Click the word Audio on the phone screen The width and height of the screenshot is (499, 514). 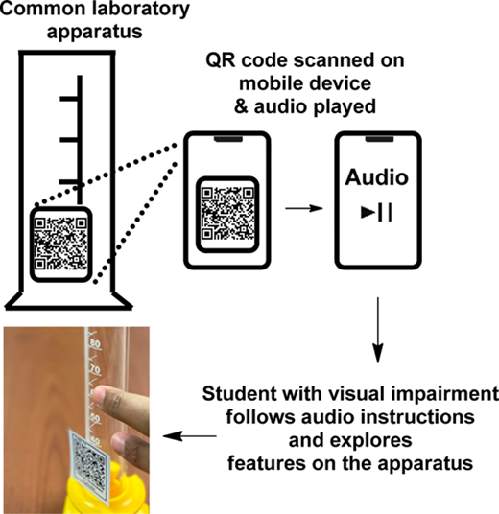pyautogui.click(x=376, y=177)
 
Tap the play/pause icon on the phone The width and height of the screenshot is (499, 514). pyautogui.click(x=376, y=213)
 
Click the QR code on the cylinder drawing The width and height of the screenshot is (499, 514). pyautogui.click(x=60, y=244)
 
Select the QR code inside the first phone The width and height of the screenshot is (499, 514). pyautogui.click(x=227, y=214)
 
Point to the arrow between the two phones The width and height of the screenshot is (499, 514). pyautogui.click(x=304, y=208)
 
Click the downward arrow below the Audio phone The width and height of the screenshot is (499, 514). pyautogui.click(x=378, y=330)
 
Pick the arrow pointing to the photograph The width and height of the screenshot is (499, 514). pyautogui.click(x=190, y=436)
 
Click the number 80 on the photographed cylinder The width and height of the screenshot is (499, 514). pyautogui.click(x=95, y=343)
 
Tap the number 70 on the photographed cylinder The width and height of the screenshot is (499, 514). pyautogui.click(x=95, y=369)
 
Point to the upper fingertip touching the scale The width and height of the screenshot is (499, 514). pyautogui.click(x=98, y=394)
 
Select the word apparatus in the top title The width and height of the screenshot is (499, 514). pyautogui.click(x=94, y=33)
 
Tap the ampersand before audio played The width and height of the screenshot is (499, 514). pyautogui.click(x=241, y=106)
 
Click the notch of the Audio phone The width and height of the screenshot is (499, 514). pyautogui.click(x=379, y=139)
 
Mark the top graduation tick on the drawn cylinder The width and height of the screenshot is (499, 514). pyautogui.click(x=69, y=99)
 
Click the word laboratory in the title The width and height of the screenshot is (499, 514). pyautogui.click(x=141, y=10)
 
